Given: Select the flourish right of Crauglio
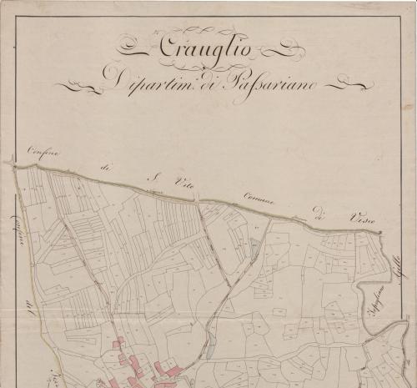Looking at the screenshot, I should coord(279,50).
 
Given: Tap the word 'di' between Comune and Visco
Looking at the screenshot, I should coord(318,209).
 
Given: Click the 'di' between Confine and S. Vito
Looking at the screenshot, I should coord(106,167).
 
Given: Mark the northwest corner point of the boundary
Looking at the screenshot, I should coord(13,163).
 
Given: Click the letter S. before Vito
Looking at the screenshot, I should coord(153,176).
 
